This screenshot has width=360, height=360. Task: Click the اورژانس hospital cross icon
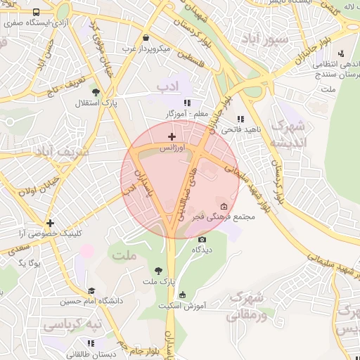pyautogui.click(x=172, y=136)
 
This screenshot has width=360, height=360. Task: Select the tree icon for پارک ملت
pyautogui.click(x=158, y=270)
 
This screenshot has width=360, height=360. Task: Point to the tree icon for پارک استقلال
pyautogui.click(x=96, y=91)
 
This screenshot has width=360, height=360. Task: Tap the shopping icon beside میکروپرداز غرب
pyautogui.click(x=146, y=38)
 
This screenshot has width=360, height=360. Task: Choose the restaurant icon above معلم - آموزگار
pyautogui.click(x=186, y=102)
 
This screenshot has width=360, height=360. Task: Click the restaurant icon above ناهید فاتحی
pyautogui.click(x=240, y=119)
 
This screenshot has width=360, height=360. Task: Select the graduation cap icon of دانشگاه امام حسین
pyautogui.click(x=91, y=290)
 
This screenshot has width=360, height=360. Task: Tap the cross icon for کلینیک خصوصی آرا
pyautogui.click(x=49, y=223)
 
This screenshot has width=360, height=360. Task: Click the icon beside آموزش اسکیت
pyautogui.click(x=183, y=295)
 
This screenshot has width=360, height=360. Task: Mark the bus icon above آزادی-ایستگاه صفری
pyautogui.click(x=37, y=13)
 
